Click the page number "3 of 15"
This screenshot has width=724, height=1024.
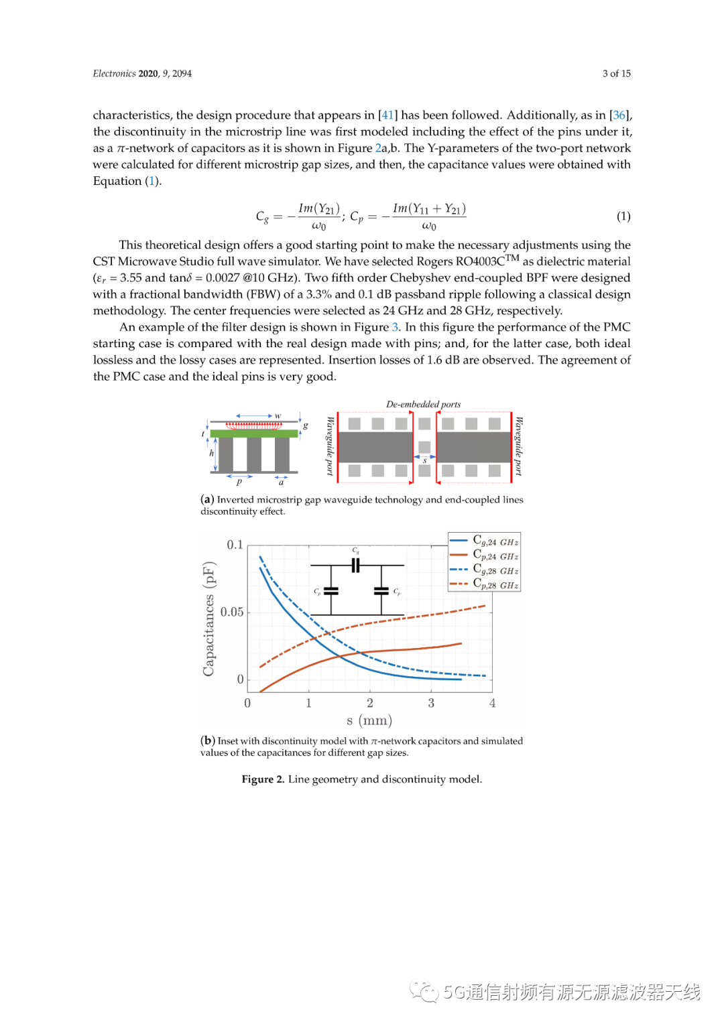point(616,74)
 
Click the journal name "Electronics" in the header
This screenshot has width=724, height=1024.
point(114,74)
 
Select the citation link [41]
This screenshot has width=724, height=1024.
point(387,115)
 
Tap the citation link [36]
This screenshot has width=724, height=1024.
point(619,115)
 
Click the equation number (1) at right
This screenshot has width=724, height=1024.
point(623,216)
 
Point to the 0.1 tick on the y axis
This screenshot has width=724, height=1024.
point(235,545)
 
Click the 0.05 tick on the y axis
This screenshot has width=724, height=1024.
point(232,612)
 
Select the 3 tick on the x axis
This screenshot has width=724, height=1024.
point(431,703)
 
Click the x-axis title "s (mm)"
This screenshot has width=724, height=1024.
point(369,720)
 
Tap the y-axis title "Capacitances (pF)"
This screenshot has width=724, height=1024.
point(208,619)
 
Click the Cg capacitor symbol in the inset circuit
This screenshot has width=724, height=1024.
point(356,565)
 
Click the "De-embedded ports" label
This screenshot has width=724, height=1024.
point(423,404)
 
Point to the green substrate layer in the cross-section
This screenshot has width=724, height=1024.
point(254,434)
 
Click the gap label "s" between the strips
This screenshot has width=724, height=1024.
point(424,461)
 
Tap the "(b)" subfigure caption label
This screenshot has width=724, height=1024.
point(207,741)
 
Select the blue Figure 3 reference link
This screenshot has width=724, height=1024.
point(395,327)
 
